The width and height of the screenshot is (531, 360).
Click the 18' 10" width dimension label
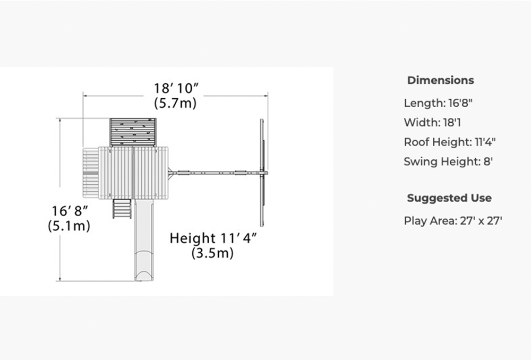(176, 88)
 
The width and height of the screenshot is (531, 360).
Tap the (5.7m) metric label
(175, 103)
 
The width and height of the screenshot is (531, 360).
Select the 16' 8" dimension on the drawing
(70, 211)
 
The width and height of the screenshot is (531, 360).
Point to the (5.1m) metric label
(69, 226)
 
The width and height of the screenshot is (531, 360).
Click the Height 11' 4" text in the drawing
(213, 238)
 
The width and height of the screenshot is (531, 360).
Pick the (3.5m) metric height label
(212, 253)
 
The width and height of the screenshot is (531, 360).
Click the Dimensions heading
(441, 80)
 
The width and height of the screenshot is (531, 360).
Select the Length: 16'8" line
(438, 102)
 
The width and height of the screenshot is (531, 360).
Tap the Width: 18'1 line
(432, 122)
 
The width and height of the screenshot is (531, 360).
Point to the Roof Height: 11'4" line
(450, 142)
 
